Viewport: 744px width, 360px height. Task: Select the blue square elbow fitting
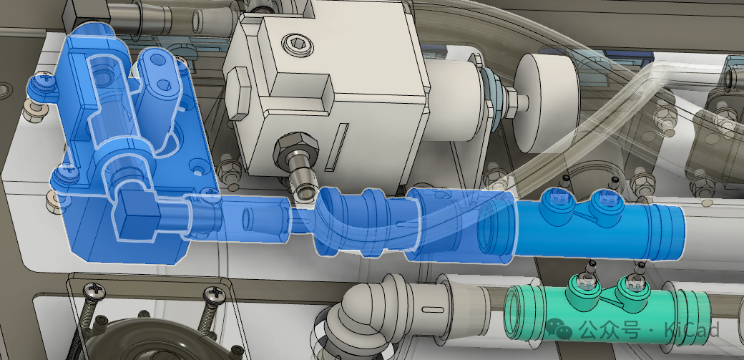135,216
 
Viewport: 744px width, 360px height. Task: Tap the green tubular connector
607,308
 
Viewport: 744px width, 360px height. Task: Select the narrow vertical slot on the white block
337,147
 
